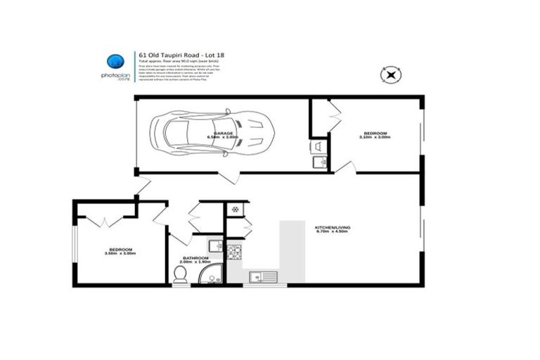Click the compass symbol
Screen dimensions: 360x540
click(x=390, y=74)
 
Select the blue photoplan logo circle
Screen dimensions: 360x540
click(x=113, y=62)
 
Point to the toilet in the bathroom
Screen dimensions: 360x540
click(x=180, y=276)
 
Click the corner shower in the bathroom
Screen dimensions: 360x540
click(x=210, y=274)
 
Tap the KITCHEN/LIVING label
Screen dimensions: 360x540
click(x=332, y=228)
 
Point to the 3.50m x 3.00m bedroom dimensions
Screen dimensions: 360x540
click(x=119, y=254)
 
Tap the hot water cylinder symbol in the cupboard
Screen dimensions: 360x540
click(x=235, y=209)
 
